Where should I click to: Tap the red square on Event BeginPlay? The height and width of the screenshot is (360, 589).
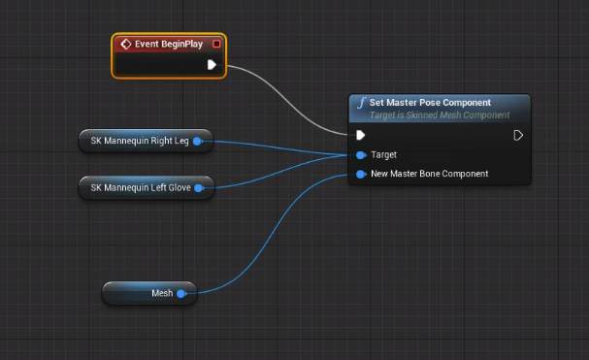(216, 44)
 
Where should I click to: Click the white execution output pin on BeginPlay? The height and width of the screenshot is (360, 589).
(212, 65)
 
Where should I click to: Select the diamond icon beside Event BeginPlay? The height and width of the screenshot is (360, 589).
(125, 44)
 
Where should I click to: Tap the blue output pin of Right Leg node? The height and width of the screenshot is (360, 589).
(197, 141)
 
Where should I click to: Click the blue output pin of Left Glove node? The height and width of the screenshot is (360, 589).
(199, 187)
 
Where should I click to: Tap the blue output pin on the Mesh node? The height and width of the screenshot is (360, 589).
(181, 292)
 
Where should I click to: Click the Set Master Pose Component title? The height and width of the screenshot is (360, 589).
(430, 102)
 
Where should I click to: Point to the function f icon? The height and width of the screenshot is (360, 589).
(361, 103)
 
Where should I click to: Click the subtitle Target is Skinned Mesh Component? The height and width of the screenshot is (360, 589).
(439, 115)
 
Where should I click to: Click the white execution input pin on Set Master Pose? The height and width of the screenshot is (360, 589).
(361, 135)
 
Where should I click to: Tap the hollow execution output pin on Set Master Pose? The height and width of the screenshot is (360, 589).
(518, 135)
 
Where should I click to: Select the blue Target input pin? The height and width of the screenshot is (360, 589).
(361, 155)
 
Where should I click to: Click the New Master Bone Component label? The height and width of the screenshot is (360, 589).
(430, 174)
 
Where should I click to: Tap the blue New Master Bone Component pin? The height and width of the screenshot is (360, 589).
(361, 175)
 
